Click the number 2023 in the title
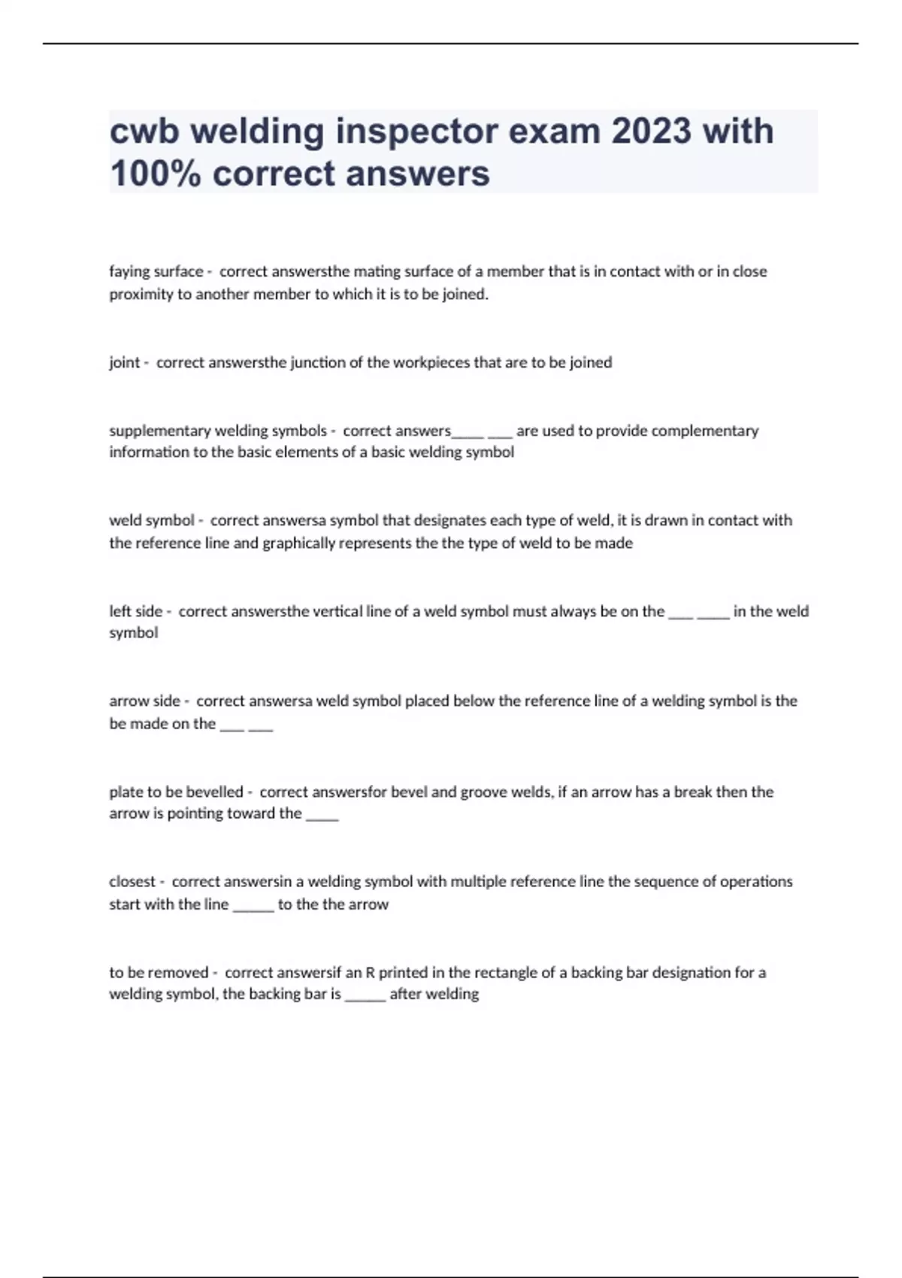pos(651,131)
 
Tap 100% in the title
pos(156,174)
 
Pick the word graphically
pos(298,543)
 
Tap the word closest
pos(132,881)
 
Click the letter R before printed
pos(370,972)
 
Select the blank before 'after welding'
pos(365,995)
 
